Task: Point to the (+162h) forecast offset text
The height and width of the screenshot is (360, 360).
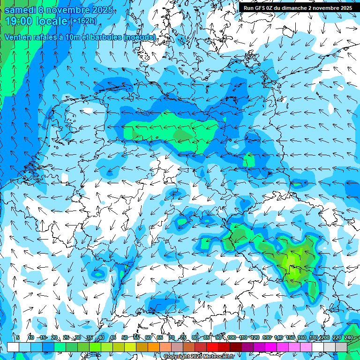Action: coord(83,21)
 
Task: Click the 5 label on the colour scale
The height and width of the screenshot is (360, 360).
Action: coord(18,337)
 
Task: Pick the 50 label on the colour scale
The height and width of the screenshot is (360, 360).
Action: coord(125,337)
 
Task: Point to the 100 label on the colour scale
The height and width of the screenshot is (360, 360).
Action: coord(231,337)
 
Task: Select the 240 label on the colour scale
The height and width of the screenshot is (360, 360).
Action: coord(349,337)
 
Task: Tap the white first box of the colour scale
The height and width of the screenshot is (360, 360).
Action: coord(13,347)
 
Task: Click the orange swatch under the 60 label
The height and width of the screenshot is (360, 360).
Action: coord(154,347)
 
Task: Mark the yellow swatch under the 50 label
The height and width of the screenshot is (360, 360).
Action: coord(130,347)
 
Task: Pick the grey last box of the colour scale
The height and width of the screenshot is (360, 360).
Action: coord(341,347)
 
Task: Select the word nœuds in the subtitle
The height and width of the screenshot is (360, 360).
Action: coord(139,37)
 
